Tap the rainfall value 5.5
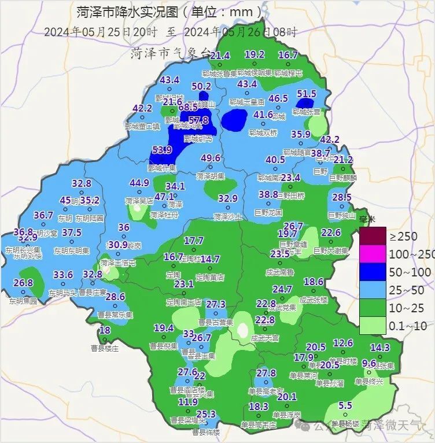click(x=345, y=405)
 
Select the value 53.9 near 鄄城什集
click(x=163, y=150)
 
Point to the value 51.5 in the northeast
click(x=307, y=93)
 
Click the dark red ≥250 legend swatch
click(x=373, y=236)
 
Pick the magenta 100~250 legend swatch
click(x=373, y=254)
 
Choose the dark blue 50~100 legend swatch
click(x=373, y=271)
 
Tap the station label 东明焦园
click(x=23, y=301)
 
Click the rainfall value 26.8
click(x=23, y=283)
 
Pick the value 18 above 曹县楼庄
click(x=105, y=330)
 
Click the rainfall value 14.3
click(x=379, y=347)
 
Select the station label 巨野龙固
click(x=268, y=213)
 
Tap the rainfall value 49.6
click(x=211, y=158)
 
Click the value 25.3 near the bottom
click(x=206, y=414)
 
